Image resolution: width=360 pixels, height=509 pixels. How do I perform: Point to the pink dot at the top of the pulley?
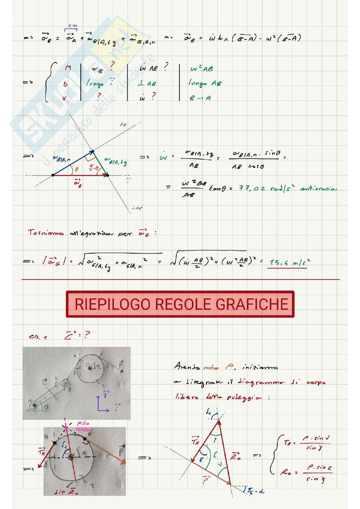click(66, 428)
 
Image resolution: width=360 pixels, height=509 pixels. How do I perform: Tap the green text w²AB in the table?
click(202, 69)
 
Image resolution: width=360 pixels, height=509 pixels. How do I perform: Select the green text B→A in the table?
click(200, 98)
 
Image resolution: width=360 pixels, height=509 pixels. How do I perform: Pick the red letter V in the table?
click(65, 98)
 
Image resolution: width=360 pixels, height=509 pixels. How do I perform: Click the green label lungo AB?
click(205, 83)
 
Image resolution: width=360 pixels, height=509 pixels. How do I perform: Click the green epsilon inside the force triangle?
click(215, 455)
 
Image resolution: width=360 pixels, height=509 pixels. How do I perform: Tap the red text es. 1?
click(38, 337)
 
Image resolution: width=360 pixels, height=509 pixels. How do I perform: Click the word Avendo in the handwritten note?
click(186, 367)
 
